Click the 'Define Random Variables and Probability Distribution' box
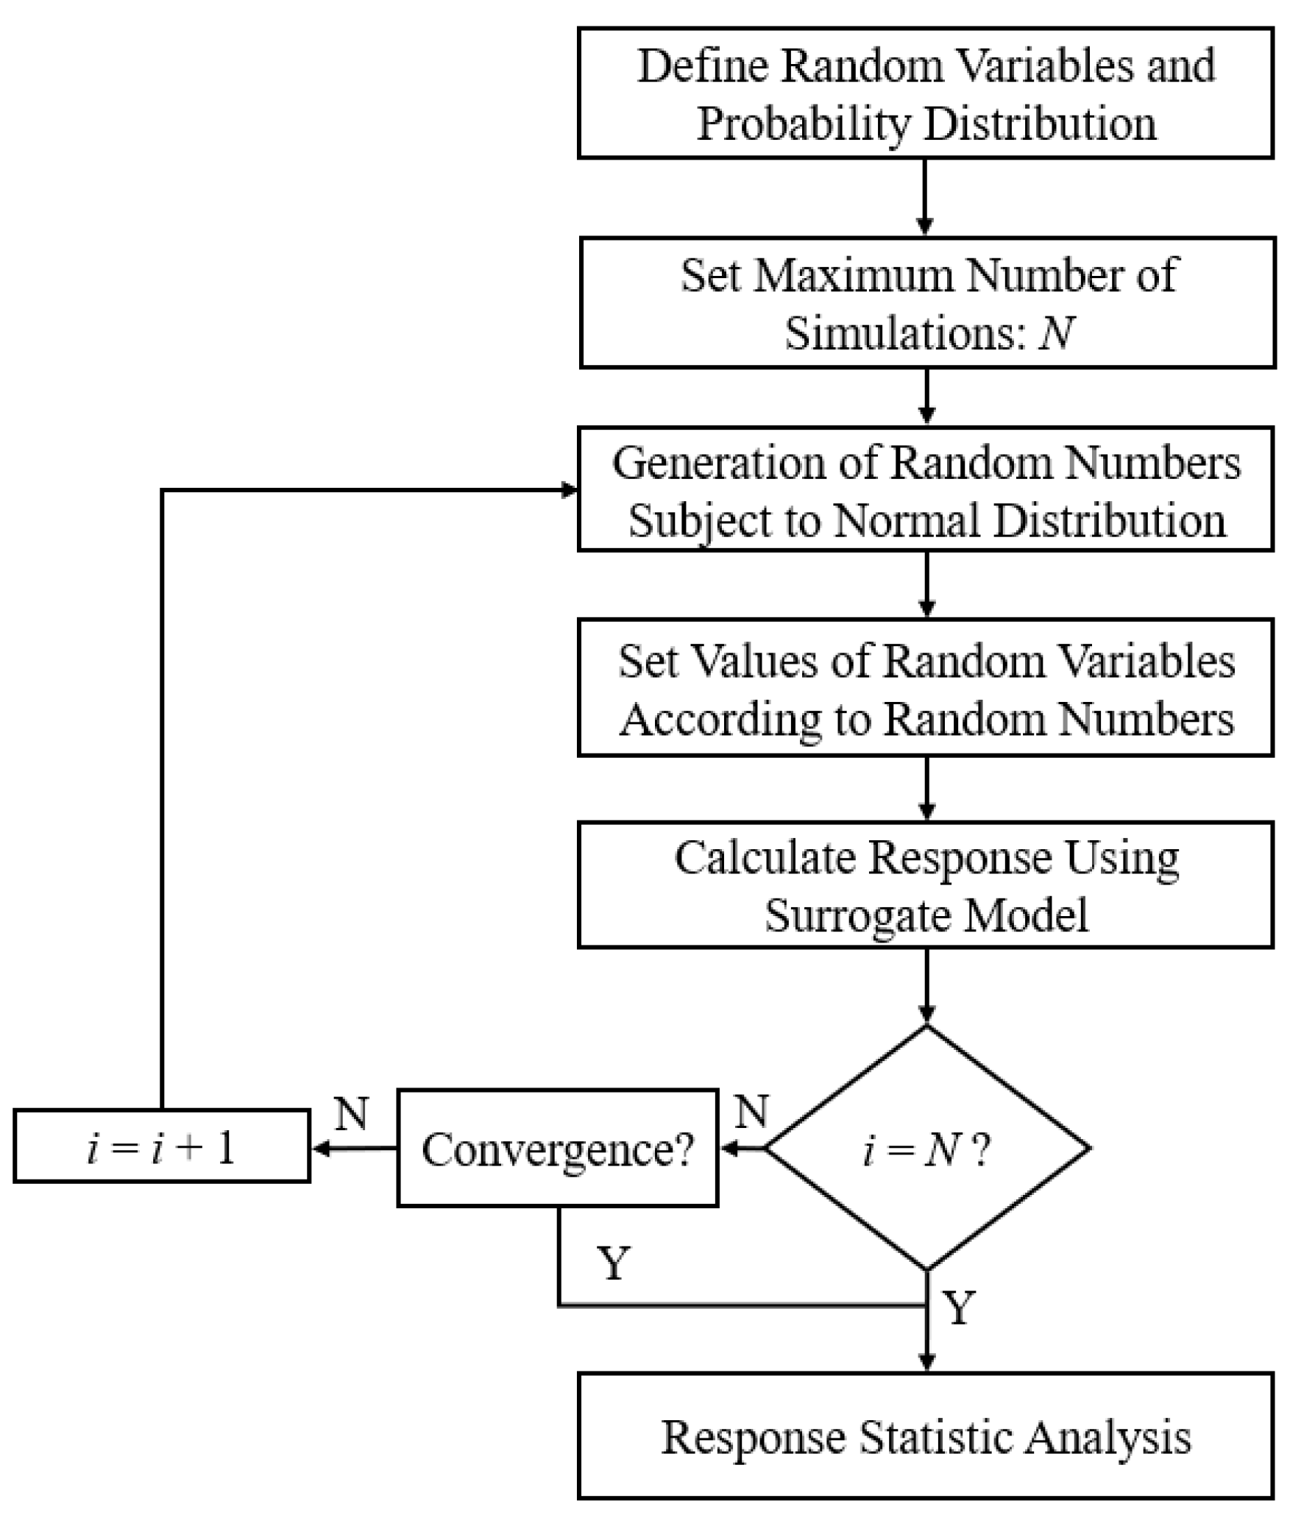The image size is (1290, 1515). click(x=925, y=93)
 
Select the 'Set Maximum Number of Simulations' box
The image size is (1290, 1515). click(x=926, y=302)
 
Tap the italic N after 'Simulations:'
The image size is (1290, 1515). click(x=1057, y=333)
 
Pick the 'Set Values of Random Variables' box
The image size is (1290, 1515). click(x=925, y=688)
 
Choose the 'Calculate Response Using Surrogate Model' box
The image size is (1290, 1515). click(x=925, y=885)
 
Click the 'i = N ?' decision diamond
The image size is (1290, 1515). click(x=926, y=1149)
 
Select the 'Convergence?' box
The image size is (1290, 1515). click(x=557, y=1149)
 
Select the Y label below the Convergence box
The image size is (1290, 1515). click(x=613, y=1263)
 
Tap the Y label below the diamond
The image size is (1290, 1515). click(x=959, y=1308)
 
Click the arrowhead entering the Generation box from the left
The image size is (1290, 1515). click(x=568, y=490)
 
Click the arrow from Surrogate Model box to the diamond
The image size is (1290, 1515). click(x=926, y=986)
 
